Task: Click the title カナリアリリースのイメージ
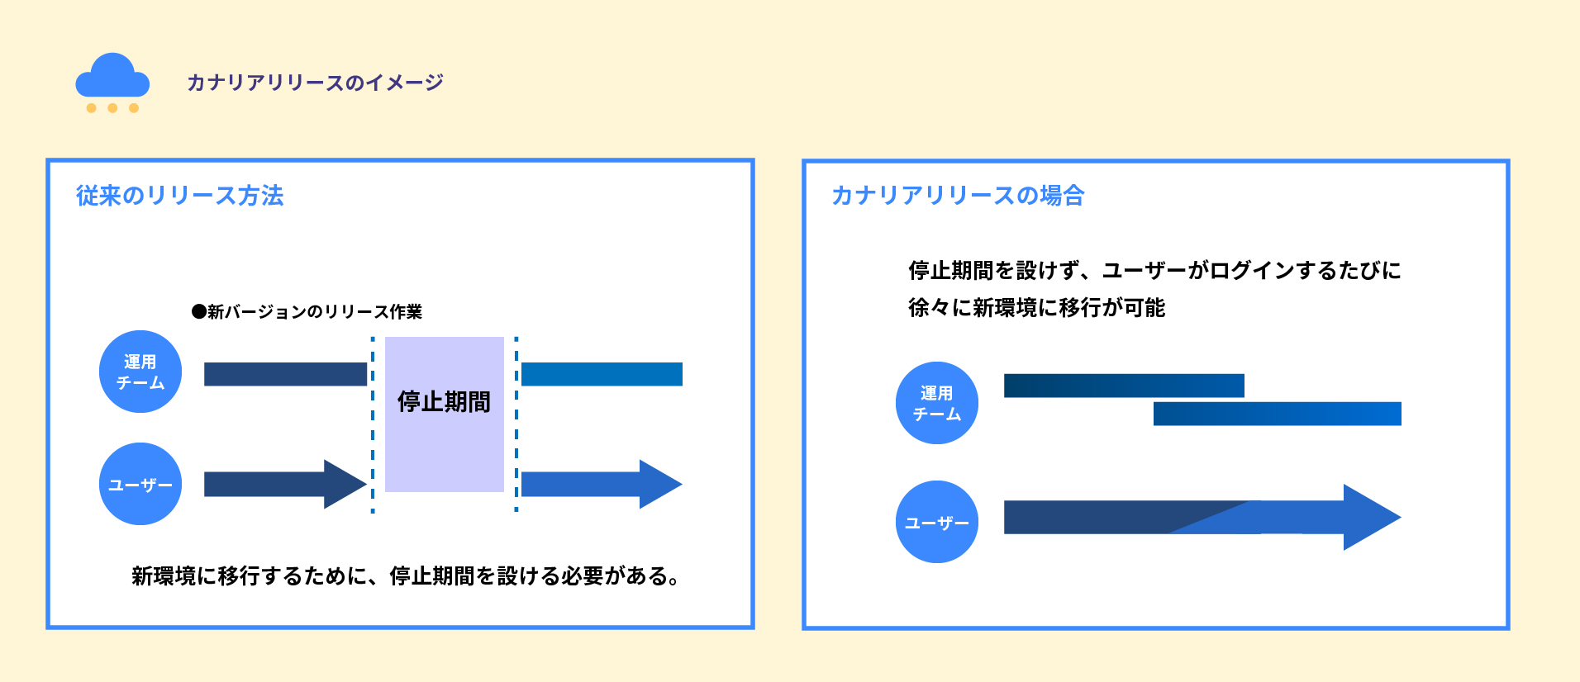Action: tap(315, 83)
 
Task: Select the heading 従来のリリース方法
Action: tap(180, 196)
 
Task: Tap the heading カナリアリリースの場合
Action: tap(958, 196)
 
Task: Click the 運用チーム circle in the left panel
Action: tap(140, 372)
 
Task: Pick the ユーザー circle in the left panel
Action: tap(140, 484)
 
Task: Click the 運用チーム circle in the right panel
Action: tap(937, 403)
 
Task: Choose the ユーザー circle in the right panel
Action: tap(937, 522)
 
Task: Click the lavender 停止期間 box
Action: tap(445, 438)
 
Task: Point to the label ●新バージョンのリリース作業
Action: tap(307, 311)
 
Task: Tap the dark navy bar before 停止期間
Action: tap(285, 374)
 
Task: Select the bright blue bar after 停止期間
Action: tap(602, 374)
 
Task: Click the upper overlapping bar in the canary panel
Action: tap(1124, 386)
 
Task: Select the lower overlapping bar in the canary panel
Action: tap(1277, 414)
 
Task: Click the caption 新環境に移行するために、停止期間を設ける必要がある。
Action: tap(406, 576)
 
